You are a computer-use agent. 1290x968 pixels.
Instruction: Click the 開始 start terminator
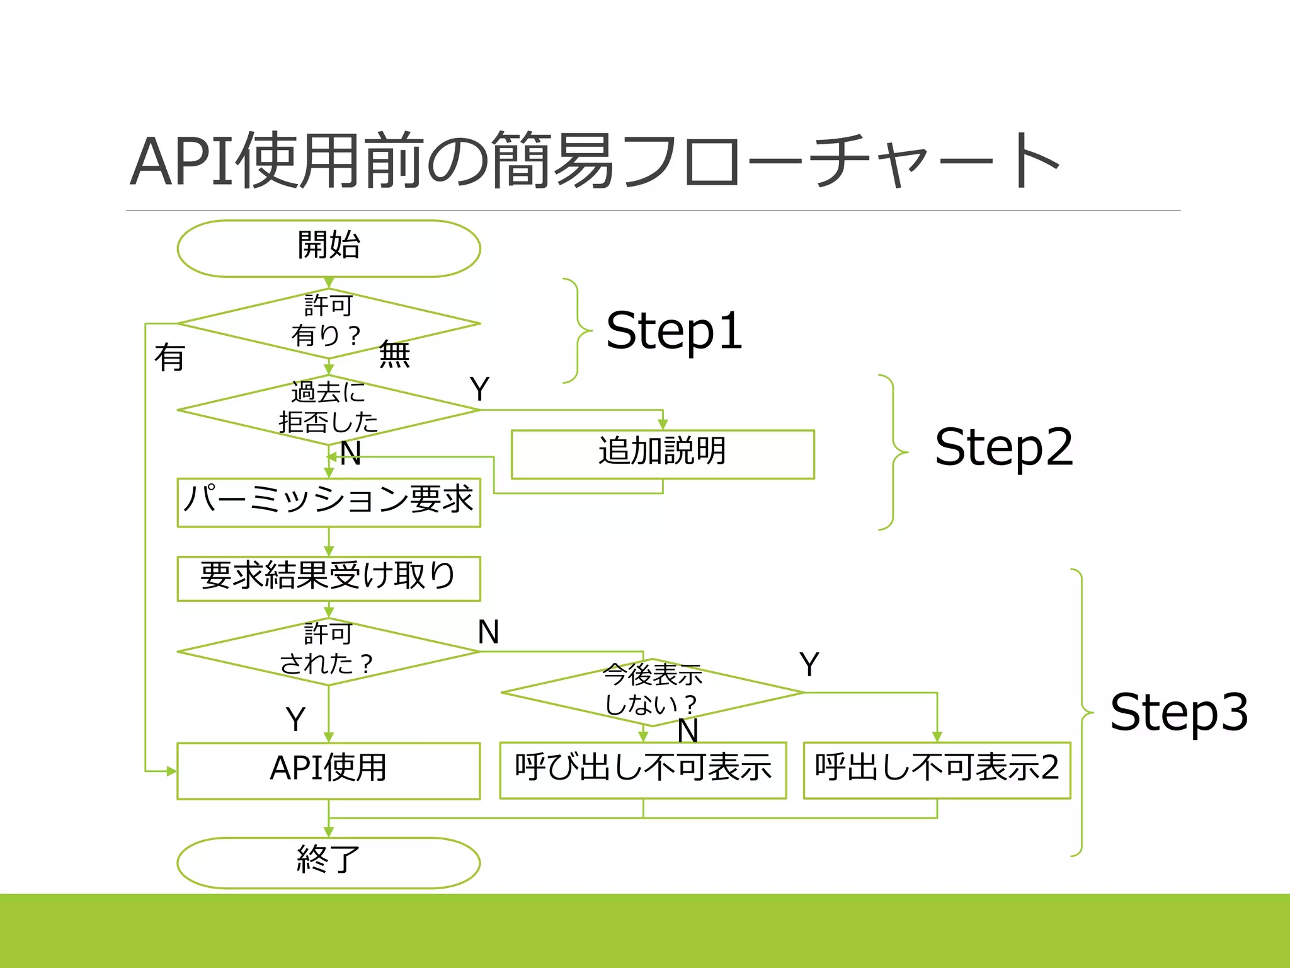329,248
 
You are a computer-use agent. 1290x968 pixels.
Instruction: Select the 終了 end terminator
329,861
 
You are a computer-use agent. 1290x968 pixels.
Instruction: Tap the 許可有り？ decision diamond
329,323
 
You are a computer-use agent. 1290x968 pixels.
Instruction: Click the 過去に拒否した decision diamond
329,409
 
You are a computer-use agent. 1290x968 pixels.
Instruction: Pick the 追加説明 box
663,454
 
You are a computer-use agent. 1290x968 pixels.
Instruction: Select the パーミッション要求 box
329,502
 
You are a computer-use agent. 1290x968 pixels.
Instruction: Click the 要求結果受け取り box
329,577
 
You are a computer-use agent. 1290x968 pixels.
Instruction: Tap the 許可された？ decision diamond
329,651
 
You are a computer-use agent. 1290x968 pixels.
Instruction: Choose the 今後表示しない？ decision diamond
653,691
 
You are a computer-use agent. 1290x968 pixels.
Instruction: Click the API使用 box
329,769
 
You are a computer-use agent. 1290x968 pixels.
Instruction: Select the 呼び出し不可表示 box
643,769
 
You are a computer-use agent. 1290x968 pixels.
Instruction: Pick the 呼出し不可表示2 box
937,769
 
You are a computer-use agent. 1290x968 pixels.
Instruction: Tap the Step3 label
1179,712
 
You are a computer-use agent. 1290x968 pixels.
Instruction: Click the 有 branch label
169,358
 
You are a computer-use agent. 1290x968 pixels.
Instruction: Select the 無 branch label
394,354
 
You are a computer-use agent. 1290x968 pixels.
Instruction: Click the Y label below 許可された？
295,718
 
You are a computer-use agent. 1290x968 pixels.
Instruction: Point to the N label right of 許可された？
489,632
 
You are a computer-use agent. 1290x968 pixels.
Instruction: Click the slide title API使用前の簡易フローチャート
595,161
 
